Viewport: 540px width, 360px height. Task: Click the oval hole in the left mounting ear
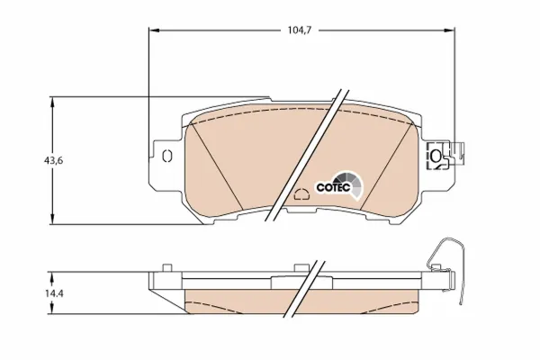click(x=166, y=157)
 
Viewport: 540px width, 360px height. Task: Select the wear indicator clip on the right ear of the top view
click(x=440, y=157)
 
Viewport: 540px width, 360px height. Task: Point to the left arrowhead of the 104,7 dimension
click(x=152, y=30)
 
